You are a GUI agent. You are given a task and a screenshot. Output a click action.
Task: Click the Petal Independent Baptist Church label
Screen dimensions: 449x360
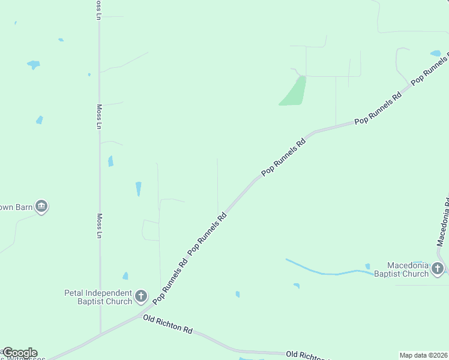click(x=98, y=297)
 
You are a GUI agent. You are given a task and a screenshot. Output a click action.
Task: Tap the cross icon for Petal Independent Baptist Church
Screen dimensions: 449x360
click(x=141, y=296)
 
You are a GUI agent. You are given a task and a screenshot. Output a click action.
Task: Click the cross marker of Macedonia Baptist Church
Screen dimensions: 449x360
click(x=438, y=268)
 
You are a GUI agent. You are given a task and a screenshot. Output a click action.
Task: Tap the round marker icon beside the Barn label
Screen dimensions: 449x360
click(x=41, y=207)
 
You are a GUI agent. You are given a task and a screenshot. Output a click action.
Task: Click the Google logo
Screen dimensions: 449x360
click(x=20, y=353)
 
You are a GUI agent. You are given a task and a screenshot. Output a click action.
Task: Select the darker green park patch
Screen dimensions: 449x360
click(x=294, y=92)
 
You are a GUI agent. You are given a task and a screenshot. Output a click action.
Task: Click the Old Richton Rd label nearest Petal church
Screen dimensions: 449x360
click(x=168, y=325)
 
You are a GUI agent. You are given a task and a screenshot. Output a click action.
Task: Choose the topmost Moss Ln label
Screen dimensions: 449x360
click(x=98, y=10)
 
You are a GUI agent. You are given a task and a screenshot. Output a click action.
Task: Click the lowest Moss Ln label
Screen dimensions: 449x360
click(x=100, y=226)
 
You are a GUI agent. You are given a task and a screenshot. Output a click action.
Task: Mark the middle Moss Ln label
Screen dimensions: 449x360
click(x=99, y=117)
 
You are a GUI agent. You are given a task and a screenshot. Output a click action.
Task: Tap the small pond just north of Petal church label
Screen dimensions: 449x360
click(x=125, y=276)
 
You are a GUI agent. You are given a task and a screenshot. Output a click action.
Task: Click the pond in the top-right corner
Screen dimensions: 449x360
click(x=435, y=53)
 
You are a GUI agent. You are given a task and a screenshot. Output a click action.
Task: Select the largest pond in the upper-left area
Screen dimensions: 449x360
click(x=33, y=64)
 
